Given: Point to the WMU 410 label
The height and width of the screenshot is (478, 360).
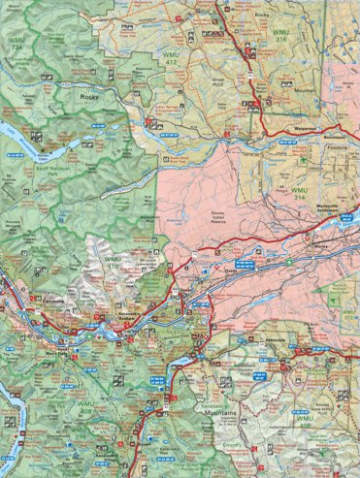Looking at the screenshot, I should (x=114, y=261).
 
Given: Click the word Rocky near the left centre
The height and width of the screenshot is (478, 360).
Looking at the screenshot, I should (x=90, y=97).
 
